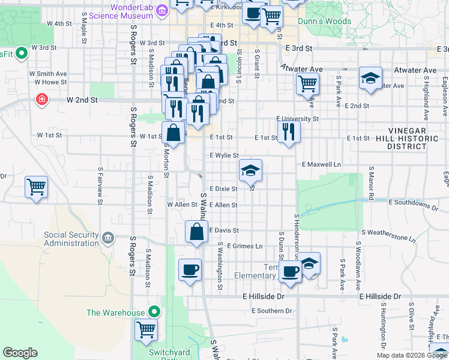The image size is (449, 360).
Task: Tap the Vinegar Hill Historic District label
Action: pos(415,139)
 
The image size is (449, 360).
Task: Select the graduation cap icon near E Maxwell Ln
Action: pos(250,170)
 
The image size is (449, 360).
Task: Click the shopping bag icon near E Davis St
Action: pos(197,232)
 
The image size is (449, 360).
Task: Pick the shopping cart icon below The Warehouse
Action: pos(146,329)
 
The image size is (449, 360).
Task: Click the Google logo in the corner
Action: pos(20,353)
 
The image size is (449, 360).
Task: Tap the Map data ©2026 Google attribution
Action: pos(412,355)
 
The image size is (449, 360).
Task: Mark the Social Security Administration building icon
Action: pos(108,238)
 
